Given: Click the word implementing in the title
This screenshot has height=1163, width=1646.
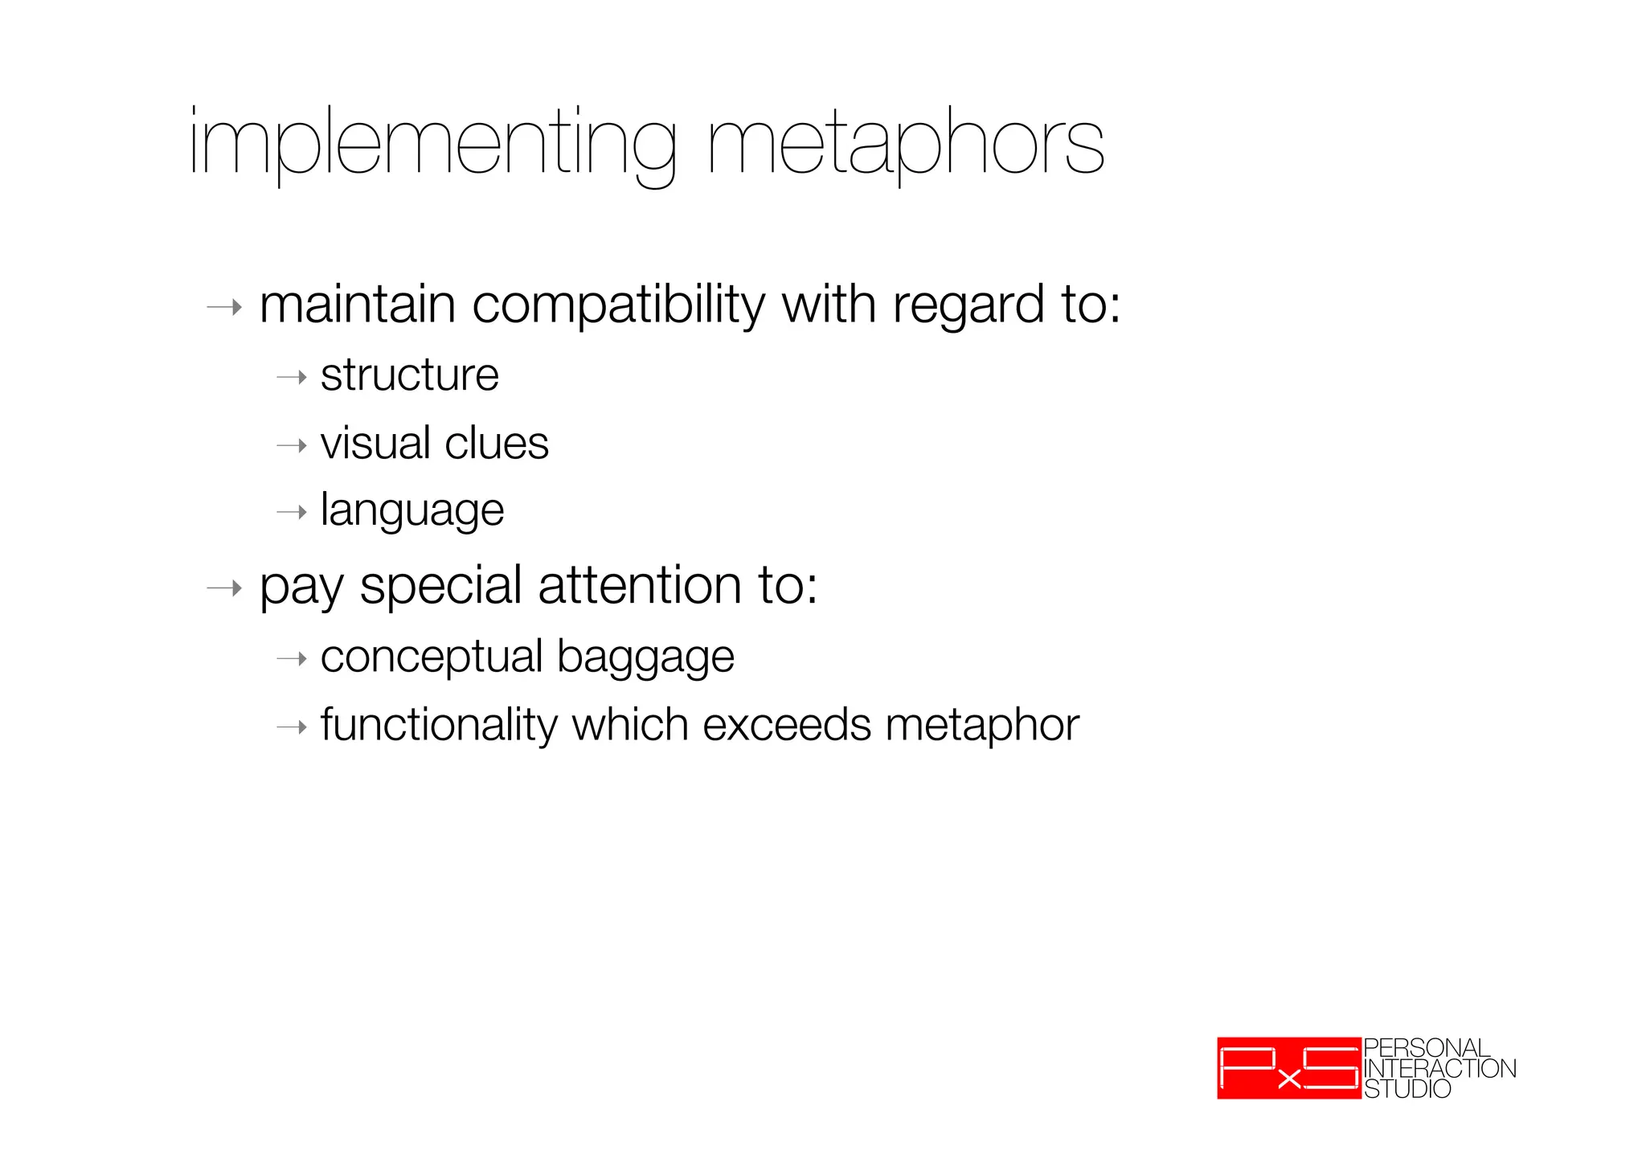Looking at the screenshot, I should click(x=432, y=145).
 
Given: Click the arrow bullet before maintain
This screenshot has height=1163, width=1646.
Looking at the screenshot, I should click(x=224, y=307).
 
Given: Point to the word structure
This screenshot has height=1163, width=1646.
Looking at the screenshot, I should click(x=410, y=375).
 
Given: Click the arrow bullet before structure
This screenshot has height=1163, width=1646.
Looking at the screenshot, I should click(x=292, y=377).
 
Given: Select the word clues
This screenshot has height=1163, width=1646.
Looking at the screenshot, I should click(x=496, y=444).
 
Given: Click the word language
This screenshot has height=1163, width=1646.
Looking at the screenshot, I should click(x=412, y=511).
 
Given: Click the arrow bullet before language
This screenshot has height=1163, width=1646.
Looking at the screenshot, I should click(x=292, y=512).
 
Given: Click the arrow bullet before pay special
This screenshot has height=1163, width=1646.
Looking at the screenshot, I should click(x=224, y=588).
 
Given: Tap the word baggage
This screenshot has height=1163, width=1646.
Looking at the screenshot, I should click(x=645, y=658).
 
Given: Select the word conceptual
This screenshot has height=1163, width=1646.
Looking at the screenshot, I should click(x=432, y=657).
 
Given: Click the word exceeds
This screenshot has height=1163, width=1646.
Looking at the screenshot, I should click(x=787, y=725).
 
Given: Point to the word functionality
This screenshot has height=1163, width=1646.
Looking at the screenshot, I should click(x=438, y=726).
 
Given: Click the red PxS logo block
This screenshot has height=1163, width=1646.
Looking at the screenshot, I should click(x=1288, y=1068).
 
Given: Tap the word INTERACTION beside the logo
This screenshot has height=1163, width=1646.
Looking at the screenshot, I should click(x=1439, y=1069).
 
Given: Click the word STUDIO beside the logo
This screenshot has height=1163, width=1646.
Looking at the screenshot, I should click(x=1407, y=1089).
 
